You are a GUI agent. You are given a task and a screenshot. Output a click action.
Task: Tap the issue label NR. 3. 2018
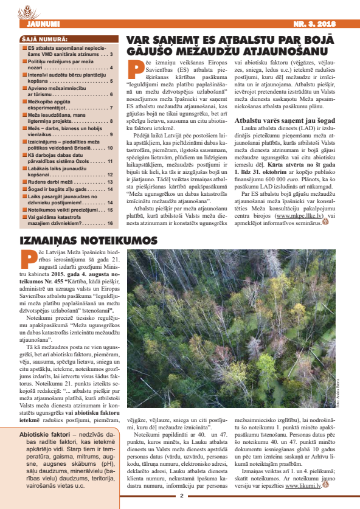(316, 24)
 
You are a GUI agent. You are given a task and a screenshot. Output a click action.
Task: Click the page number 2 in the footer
(180, 496)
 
